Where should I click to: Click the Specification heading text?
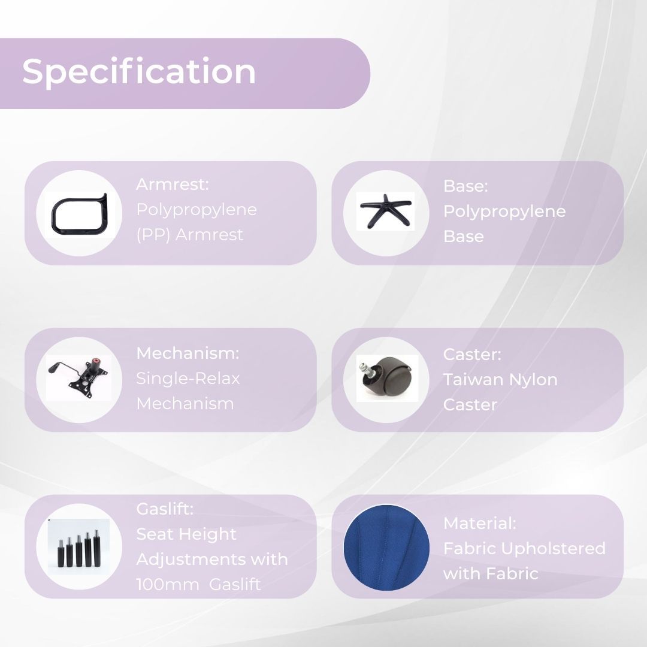coord(138,72)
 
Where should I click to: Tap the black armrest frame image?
coord(54,214)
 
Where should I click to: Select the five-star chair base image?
coord(386,210)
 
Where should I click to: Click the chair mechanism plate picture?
coord(78,376)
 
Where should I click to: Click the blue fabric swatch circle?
coord(386,547)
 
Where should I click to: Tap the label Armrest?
coord(173,184)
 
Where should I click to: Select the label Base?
coord(465,186)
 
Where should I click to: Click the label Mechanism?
coord(188,353)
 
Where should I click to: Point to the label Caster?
coord(472,355)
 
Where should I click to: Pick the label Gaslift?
coord(165,509)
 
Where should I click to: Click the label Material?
coord(479,523)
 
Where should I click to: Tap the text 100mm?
coord(167,584)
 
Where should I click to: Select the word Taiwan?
coord(473,380)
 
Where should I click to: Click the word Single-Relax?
coord(188,379)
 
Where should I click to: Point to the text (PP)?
coord(153,235)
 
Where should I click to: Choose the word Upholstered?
coord(554,549)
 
